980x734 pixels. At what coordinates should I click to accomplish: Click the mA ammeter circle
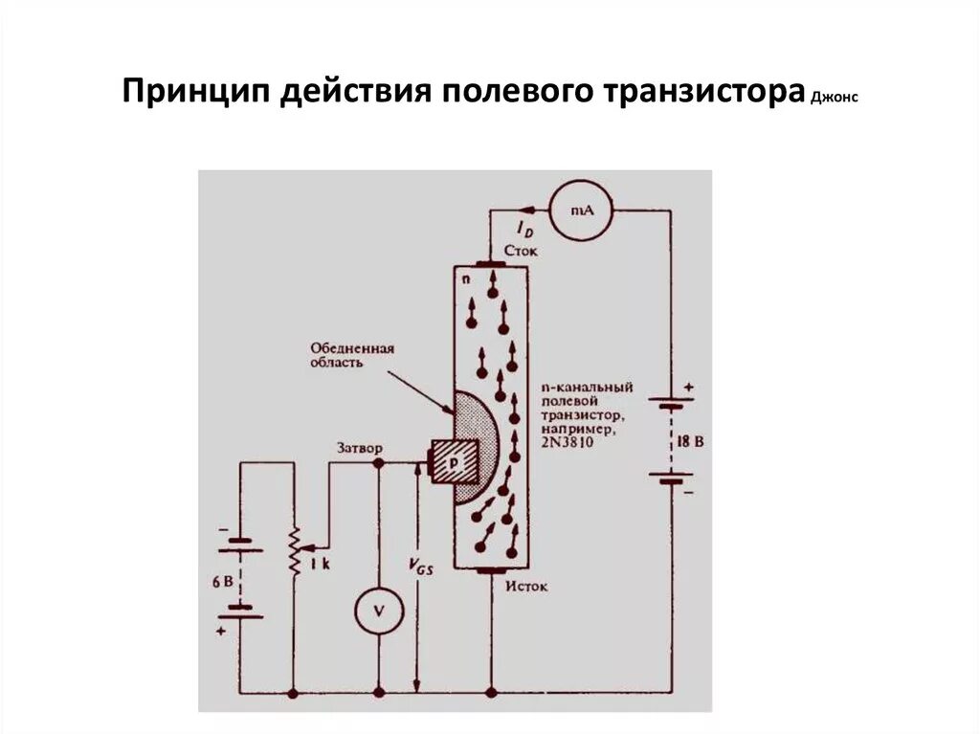point(578,211)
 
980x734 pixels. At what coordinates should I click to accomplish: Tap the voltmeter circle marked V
point(379,611)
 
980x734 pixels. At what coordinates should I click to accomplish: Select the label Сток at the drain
point(520,251)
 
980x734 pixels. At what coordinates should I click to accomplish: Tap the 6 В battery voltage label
point(222,581)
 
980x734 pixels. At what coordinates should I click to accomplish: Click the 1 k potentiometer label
point(319,566)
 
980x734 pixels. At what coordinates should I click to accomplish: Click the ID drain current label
point(524,228)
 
